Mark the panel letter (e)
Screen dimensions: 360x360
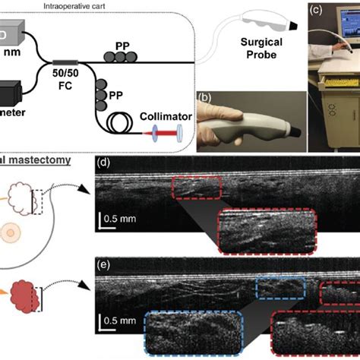[x=108, y=264]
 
